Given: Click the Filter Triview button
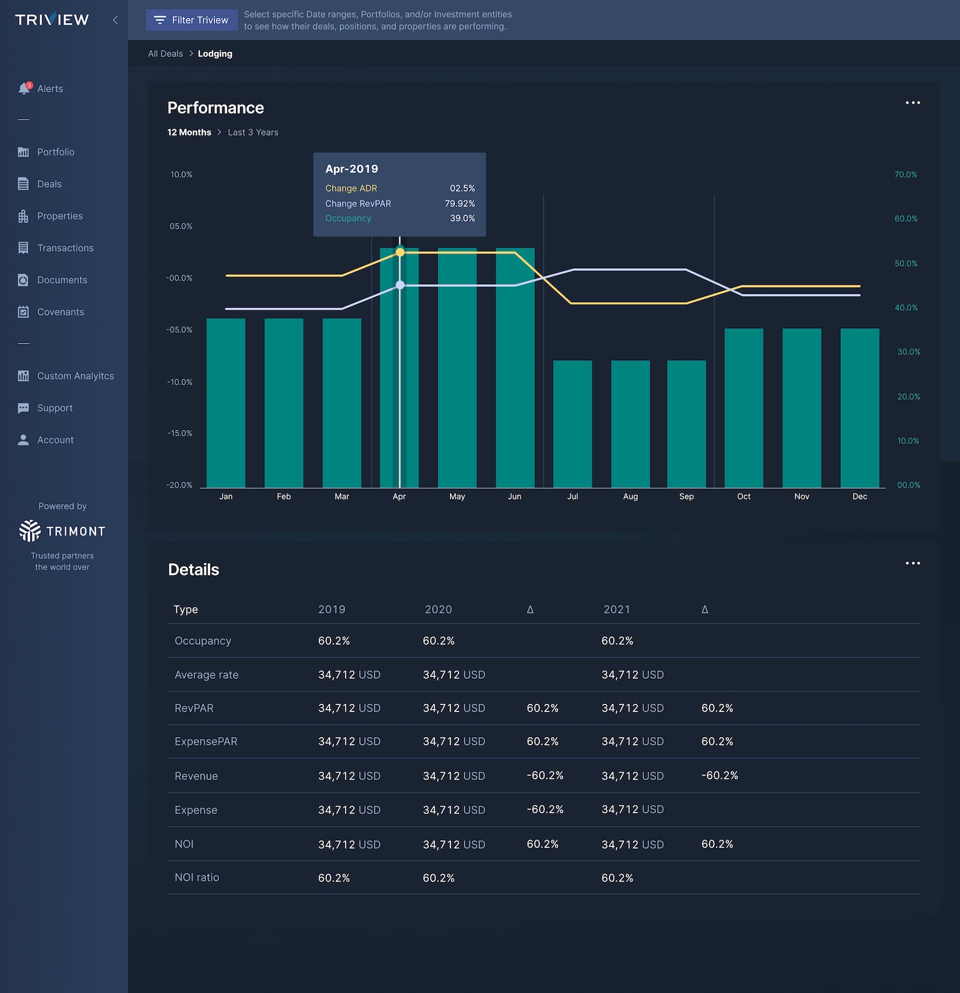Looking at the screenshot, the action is point(191,20).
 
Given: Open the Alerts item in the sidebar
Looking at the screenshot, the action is point(41,88).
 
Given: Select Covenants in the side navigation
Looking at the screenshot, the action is point(51,312).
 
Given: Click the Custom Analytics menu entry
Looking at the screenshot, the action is point(66,376).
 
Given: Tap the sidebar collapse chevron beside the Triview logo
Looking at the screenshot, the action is point(115,20).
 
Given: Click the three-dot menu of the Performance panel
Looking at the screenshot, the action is point(913,102).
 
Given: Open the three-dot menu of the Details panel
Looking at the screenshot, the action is point(913,563).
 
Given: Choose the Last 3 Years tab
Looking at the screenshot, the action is point(253,132).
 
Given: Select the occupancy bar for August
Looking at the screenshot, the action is point(630,424).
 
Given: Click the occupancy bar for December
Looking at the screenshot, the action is point(860,408).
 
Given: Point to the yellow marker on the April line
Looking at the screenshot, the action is point(400,253).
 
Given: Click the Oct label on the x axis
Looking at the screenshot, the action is point(744,496).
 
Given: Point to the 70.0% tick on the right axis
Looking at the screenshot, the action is point(906,175).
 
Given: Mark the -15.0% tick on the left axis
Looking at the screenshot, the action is point(180,433).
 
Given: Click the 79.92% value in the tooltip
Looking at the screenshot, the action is point(460,203).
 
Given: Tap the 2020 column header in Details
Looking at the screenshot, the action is point(438,609).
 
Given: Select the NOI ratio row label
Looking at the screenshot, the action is point(197,877).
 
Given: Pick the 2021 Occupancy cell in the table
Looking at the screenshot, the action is point(617,640).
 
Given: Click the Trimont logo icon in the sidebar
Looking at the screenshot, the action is point(30,530).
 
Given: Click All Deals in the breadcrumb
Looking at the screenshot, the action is point(165,54).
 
